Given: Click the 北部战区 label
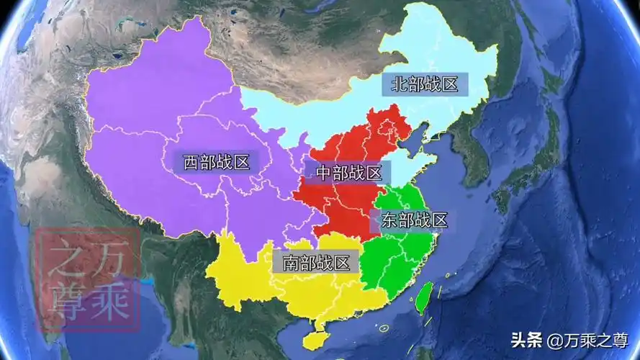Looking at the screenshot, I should click(x=425, y=84).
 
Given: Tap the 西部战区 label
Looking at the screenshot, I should click(x=216, y=162).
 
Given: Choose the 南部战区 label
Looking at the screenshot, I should click(x=315, y=263).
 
